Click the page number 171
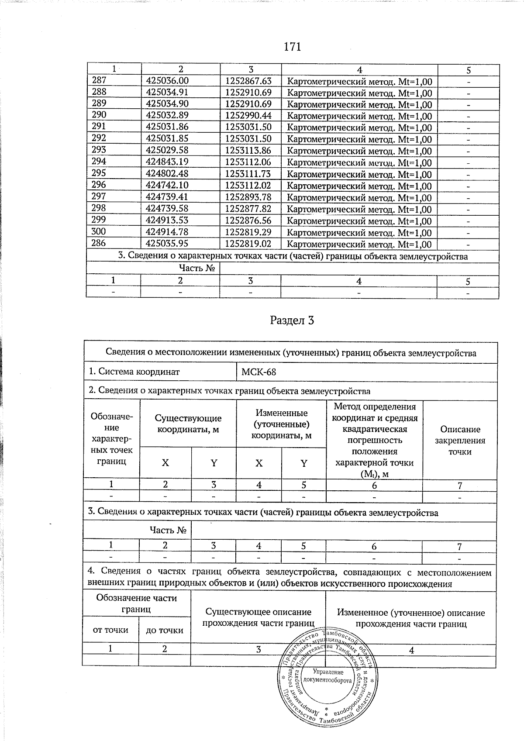292,46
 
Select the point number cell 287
99,80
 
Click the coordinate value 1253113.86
248,151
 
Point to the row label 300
99,231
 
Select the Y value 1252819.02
248,244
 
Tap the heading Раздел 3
292,321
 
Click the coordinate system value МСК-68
259,372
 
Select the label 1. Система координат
134,372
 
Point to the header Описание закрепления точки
460,440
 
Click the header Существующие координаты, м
188,424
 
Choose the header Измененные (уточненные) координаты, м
282,424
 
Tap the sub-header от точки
110,630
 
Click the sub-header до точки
165,630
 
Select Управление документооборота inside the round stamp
327,676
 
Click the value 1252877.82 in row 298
248,209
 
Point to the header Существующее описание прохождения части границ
258,617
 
